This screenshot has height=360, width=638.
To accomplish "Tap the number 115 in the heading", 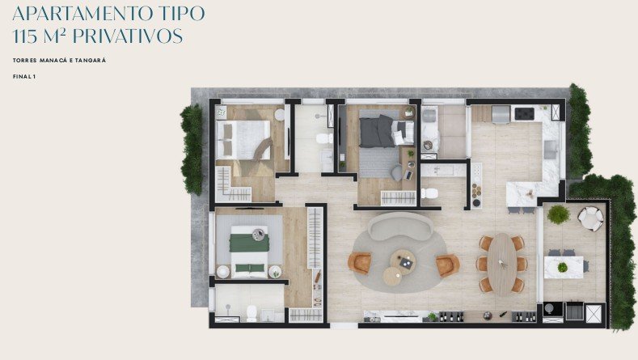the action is [x=25, y=36].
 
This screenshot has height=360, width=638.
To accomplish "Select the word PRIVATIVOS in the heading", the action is [x=129, y=36].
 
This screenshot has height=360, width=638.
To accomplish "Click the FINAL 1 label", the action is [x=24, y=77].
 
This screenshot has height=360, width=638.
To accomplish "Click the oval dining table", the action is [x=502, y=264].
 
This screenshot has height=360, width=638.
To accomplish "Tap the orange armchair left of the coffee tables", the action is [x=360, y=263].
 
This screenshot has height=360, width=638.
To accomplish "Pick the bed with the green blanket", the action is [x=250, y=252].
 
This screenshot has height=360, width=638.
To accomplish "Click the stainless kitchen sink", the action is [x=551, y=149].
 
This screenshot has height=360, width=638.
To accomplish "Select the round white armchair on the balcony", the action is [x=591, y=218].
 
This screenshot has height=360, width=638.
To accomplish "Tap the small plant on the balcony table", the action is [x=562, y=268].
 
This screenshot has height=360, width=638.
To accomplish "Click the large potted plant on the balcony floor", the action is [x=558, y=214].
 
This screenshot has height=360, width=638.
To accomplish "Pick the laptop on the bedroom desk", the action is [x=408, y=175].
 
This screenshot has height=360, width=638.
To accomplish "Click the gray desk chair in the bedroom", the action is [x=397, y=172].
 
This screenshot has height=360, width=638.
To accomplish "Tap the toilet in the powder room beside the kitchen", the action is [x=429, y=193].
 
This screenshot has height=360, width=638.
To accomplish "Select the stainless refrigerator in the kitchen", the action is [x=501, y=113].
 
